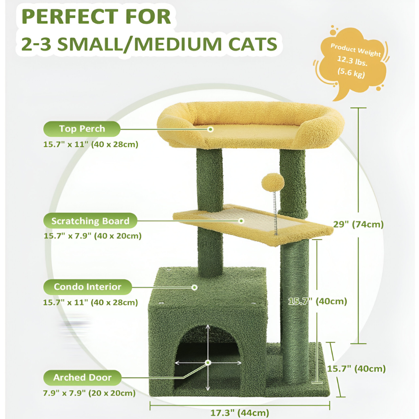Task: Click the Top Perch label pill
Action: tap(82, 129)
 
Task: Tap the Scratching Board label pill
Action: tap(91, 221)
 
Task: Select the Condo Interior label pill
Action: tap(88, 287)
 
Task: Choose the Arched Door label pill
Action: tap(82, 378)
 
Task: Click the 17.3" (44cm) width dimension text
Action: tap(240, 413)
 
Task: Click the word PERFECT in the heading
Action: tap(70, 17)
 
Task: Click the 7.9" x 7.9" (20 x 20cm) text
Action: tap(89, 393)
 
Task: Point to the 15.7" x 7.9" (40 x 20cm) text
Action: tap(93, 235)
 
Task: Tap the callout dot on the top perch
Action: tap(211, 129)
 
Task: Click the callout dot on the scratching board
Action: tap(242, 221)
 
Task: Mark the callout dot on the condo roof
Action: tap(194, 287)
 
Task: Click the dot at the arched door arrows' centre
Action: tap(208, 362)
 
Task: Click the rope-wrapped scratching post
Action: tap(295, 310)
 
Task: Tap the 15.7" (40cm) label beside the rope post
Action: tap(318, 301)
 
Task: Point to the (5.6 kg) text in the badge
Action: tap(351, 72)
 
